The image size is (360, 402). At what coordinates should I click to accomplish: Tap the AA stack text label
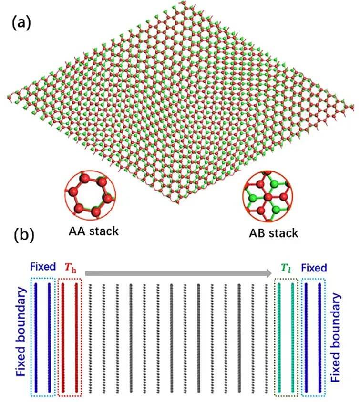pos(92,232)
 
